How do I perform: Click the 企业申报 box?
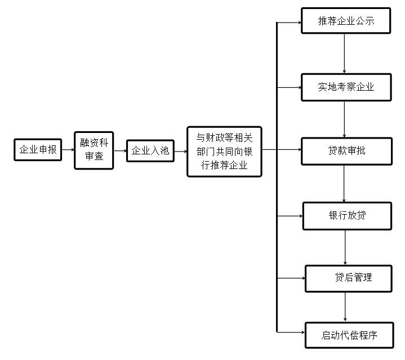[x=38, y=150]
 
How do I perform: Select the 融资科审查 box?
[x=94, y=150]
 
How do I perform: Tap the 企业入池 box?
[x=150, y=151]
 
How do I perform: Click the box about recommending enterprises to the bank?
[x=224, y=152]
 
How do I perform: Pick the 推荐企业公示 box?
[x=346, y=21]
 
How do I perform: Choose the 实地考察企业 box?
[x=346, y=87]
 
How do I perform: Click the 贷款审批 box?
[x=346, y=152]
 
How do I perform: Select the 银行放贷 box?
[x=347, y=216]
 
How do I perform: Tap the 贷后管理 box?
[x=349, y=279]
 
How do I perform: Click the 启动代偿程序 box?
[x=349, y=335]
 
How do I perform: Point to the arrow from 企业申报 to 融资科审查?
[x=68, y=149]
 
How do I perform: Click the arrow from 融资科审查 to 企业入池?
[x=121, y=150]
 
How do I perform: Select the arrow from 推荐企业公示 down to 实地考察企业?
[x=344, y=54]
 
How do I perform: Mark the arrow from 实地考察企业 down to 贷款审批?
[x=344, y=119]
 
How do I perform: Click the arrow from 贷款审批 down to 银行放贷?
[x=344, y=184]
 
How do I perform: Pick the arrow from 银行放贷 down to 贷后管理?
[x=345, y=247]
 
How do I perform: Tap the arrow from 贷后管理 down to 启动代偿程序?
[x=345, y=307]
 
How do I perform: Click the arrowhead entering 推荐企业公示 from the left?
[x=300, y=23]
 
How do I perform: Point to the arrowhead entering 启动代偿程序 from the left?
[x=303, y=332]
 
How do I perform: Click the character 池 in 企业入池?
[x=164, y=150]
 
